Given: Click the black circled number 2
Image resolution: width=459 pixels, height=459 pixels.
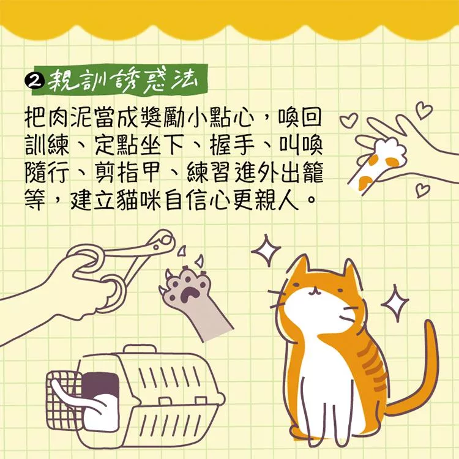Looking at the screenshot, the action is pos(35,80).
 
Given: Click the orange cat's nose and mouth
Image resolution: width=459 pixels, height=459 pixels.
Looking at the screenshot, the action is pos(314,290).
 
